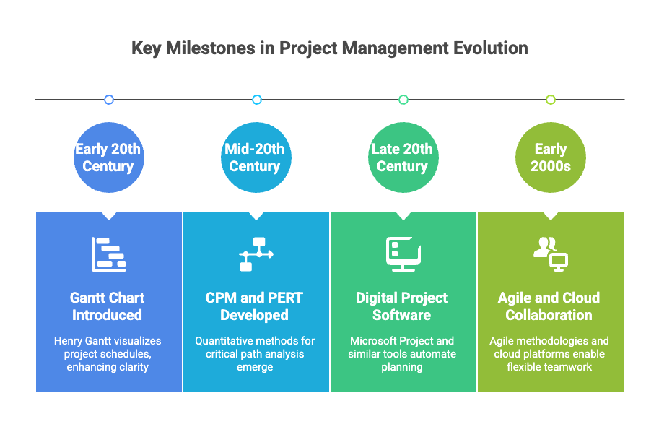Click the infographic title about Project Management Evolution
coord(329,48)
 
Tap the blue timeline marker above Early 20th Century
coord(109,100)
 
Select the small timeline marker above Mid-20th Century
coord(256,100)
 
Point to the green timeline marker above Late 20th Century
coord(403,100)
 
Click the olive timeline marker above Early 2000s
coord(551,100)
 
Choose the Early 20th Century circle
coord(108,157)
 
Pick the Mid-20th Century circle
coord(255,157)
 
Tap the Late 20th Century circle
coord(403,157)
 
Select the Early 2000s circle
coord(551,157)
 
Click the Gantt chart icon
coord(109,254)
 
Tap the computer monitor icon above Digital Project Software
coord(403,254)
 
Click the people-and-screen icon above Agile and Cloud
coord(551,254)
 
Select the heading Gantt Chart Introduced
coord(108,306)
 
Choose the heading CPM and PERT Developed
coord(254,306)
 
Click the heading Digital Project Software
coord(402,306)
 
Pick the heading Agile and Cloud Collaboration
coord(549,306)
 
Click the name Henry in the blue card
coord(70,341)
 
